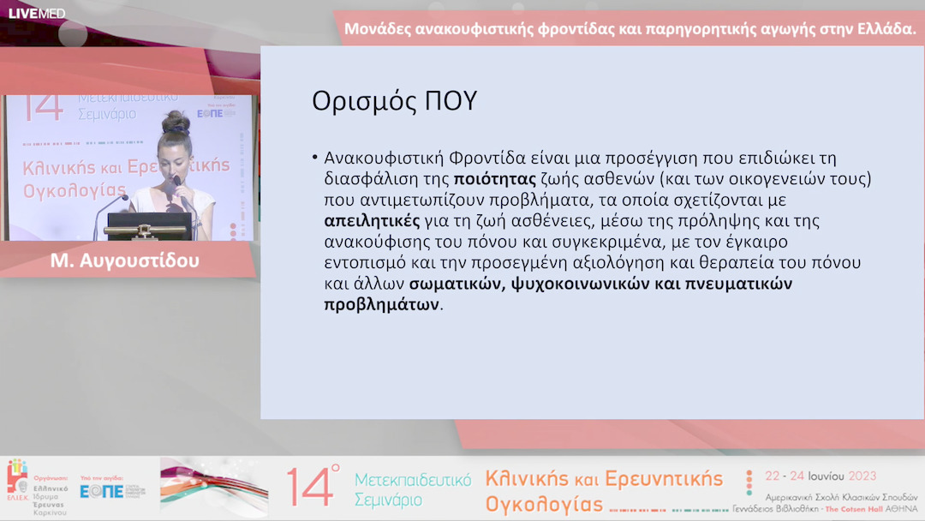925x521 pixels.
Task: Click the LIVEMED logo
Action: point(36,13)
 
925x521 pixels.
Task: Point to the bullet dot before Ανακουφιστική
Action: point(315,159)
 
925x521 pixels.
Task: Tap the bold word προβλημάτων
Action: point(381,304)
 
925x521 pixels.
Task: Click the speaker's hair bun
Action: point(175,119)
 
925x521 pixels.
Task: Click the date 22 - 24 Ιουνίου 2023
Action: point(821,476)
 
